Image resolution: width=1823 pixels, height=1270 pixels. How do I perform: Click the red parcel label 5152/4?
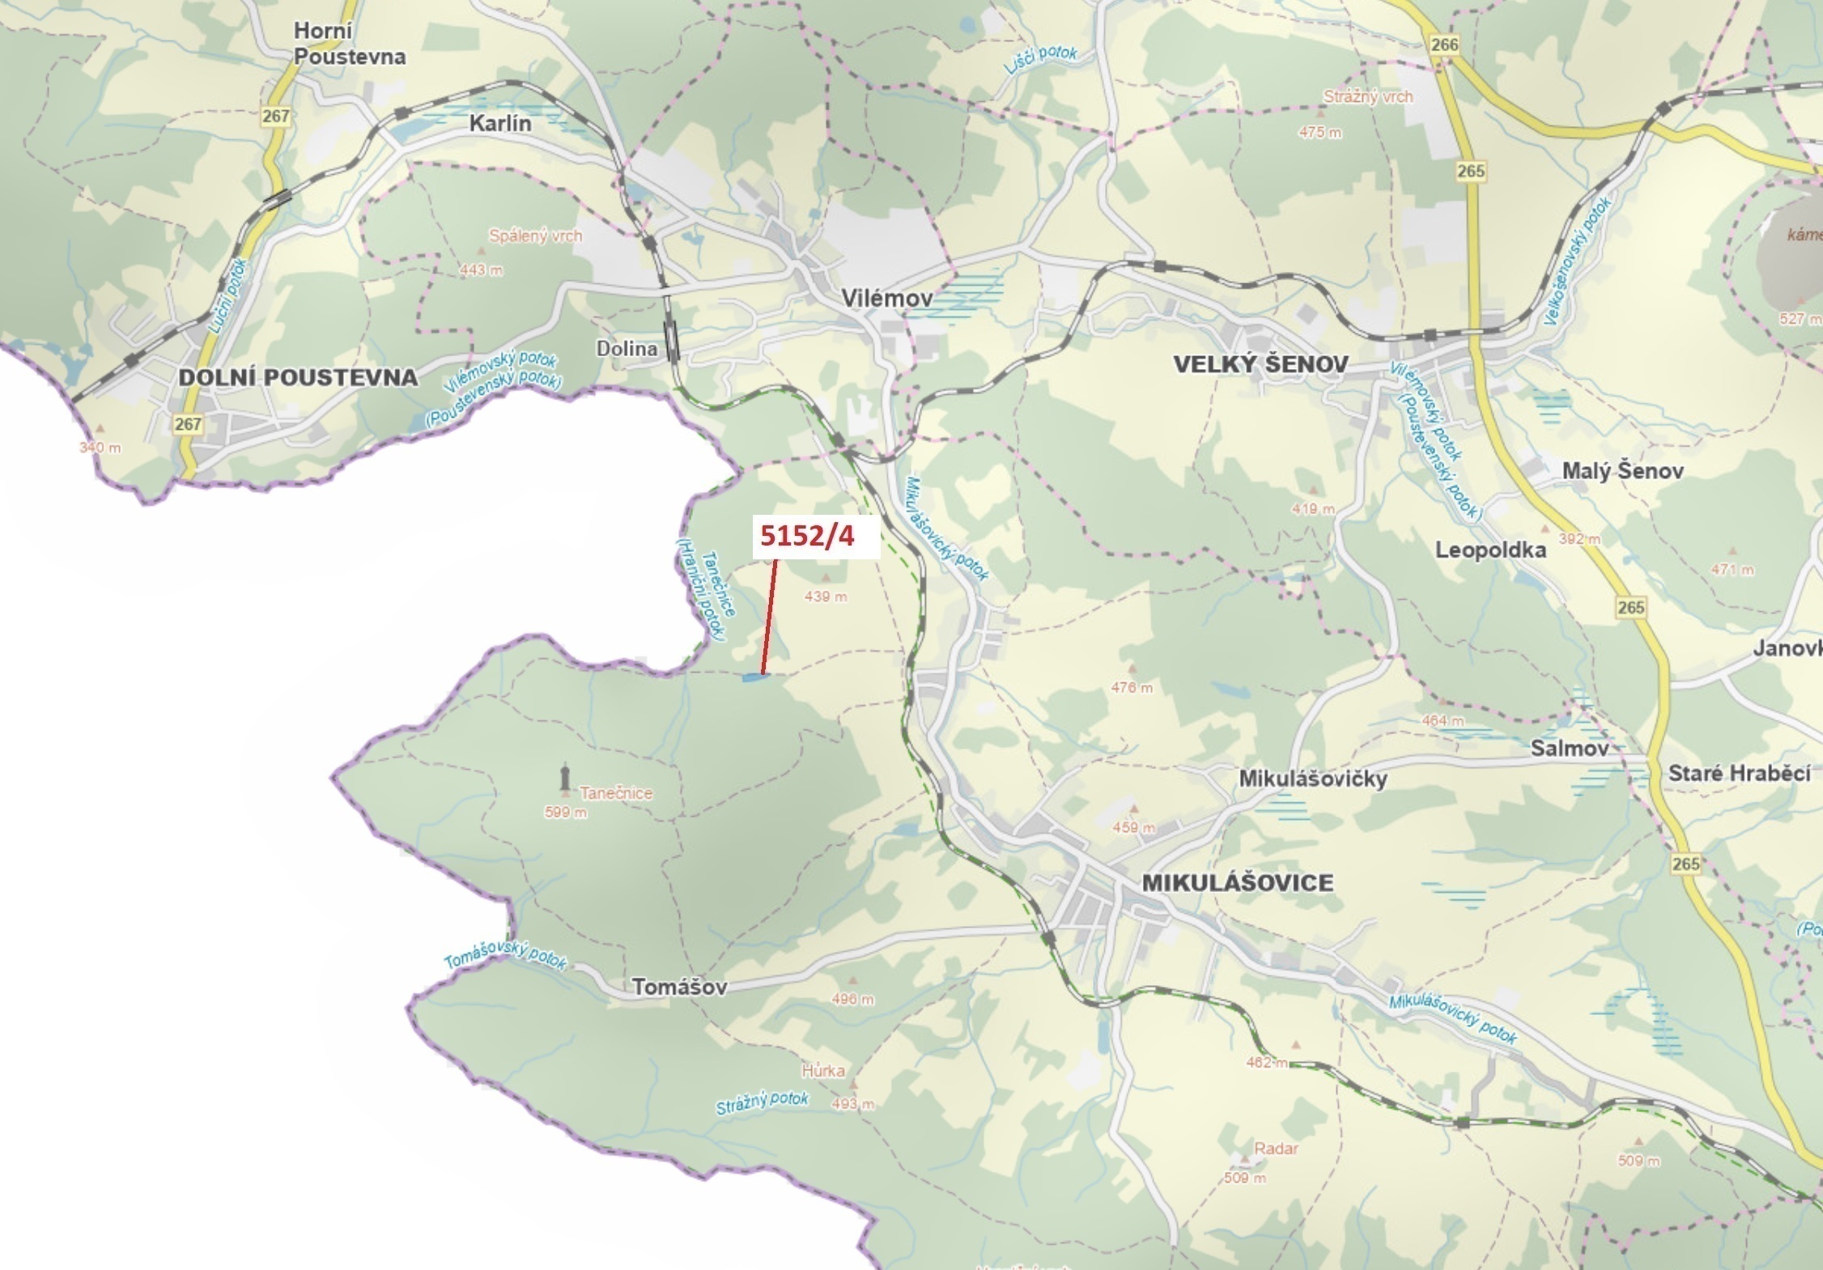click(x=808, y=536)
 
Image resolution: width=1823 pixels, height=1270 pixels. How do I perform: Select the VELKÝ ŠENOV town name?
click(x=1260, y=365)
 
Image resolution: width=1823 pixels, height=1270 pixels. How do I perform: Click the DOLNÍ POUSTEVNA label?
click(x=298, y=377)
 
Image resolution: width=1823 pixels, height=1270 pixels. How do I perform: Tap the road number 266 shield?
click(x=1443, y=45)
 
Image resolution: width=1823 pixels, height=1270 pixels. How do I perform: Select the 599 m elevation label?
click(x=566, y=812)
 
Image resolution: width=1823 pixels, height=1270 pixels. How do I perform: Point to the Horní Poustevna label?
click(x=349, y=44)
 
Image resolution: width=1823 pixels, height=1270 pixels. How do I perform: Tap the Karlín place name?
click(x=500, y=124)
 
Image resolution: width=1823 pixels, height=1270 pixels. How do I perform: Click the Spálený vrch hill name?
click(x=535, y=236)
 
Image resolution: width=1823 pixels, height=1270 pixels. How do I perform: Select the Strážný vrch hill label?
click(x=1367, y=97)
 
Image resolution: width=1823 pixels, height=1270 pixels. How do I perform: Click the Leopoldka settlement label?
click(x=1490, y=550)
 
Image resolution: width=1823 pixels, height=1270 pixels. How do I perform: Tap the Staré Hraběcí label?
click(x=1739, y=773)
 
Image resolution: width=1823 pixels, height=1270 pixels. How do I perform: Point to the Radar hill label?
click(x=1276, y=1149)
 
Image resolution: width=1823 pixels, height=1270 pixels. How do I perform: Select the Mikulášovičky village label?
click(x=1313, y=779)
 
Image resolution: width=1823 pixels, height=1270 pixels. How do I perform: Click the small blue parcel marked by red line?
click(x=754, y=677)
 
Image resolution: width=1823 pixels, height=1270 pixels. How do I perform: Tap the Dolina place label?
click(x=627, y=349)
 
